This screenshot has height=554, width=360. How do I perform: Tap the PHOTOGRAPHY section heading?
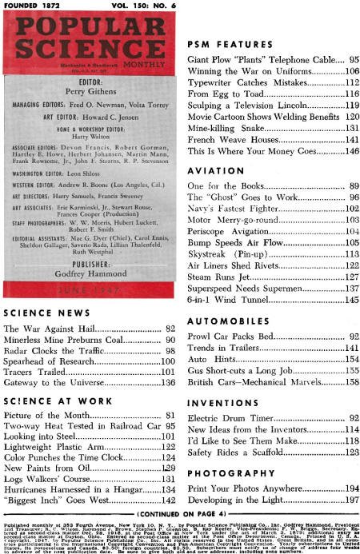coord(222,451)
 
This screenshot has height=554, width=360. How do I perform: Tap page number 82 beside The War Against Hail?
coord(170,328)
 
